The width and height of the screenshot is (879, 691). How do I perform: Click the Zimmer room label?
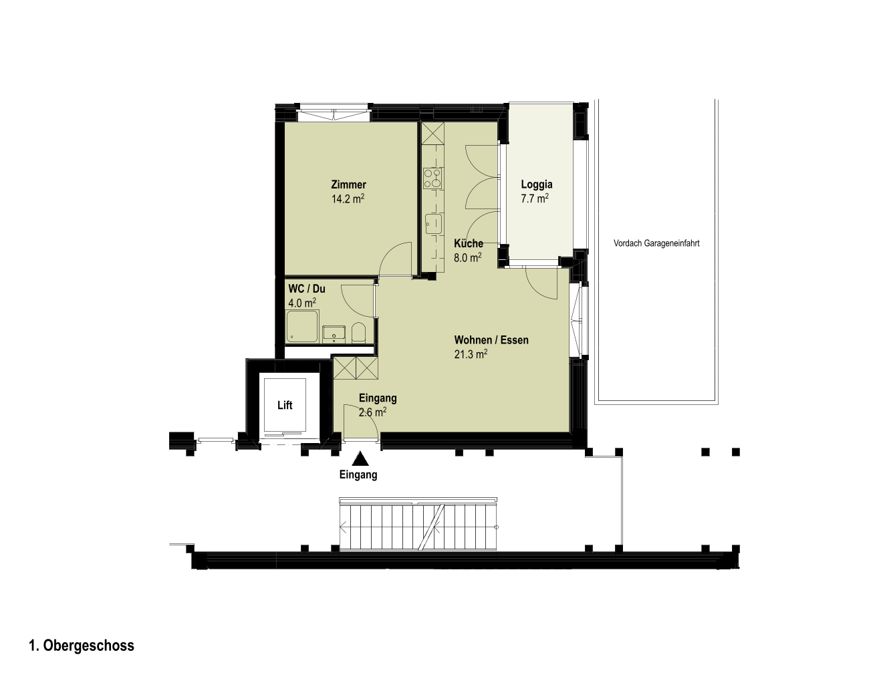pyautogui.click(x=348, y=184)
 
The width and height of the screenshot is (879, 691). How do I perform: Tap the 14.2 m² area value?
pyautogui.click(x=348, y=199)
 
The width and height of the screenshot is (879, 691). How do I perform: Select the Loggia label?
pyautogui.click(x=537, y=184)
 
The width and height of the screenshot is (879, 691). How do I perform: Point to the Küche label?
pyautogui.click(x=469, y=243)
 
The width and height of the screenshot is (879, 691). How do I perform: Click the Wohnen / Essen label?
pyautogui.click(x=491, y=339)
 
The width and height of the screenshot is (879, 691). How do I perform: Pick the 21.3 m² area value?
pyautogui.click(x=471, y=354)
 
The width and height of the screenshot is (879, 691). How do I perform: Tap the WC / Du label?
pyautogui.click(x=307, y=289)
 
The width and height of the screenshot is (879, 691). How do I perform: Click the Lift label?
pyautogui.click(x=285, y=405)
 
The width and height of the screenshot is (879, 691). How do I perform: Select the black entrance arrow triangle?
pyautogui.click(x=360, y=458)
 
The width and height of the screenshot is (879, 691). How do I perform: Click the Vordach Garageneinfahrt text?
pyautogui.click(x=656, y=243)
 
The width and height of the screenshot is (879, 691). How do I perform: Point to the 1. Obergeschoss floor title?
pyautogui.click(x=82, y=646)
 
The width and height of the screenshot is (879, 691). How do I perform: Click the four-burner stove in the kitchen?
pyautogui.click(x=433, y=178)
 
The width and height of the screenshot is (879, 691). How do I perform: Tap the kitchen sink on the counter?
pyautogui.click(x=433, y=224)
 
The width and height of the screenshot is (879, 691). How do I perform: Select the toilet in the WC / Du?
pyautogui.click(x=358, y=332)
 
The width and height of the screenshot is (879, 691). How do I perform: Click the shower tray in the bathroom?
pyautogui.click(x=302, y=326)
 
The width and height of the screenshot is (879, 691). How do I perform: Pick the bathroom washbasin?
pyautogui.click(x=334, y=334)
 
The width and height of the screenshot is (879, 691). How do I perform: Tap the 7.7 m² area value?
pyautogui.click(x=535, y=198)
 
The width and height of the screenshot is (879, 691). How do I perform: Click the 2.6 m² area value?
pyautogui.click(x=372, y=412)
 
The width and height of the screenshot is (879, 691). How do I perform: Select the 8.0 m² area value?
pyautogui.click(x=468, y=258)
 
